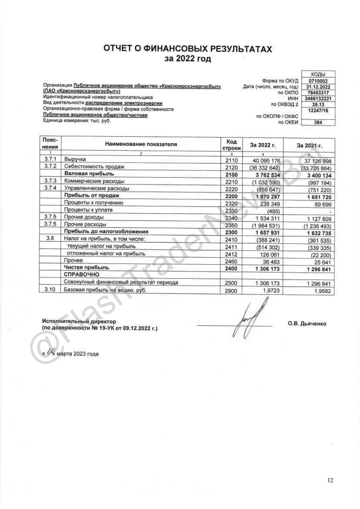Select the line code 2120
[231, 168]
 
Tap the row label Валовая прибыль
[89, 174]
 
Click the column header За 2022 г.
[263, 145]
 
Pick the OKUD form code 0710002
[318, 81]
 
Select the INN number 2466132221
[318, 99]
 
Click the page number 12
[330, 480]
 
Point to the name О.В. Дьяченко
[307, 324]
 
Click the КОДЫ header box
[318, 75]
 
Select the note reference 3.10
[50, 289]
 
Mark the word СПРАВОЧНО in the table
[81, 274]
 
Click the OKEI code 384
[318, 122]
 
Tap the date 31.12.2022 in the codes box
[318, 87]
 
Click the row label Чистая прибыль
[87, 267]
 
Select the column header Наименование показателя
[141, 144]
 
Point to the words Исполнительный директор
[79, 321]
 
